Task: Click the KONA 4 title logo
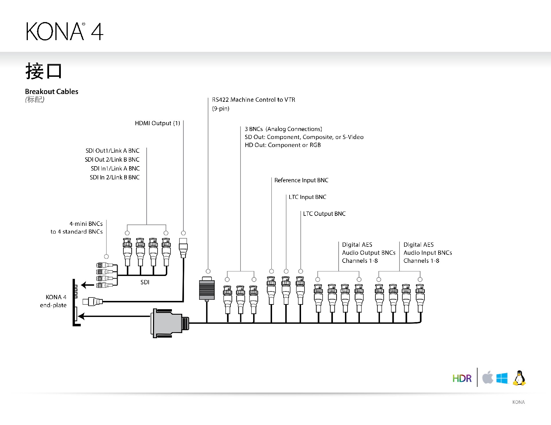[x=65, y=31]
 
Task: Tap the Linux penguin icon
[x=519, y=378]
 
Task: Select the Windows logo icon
[x=502, y=378]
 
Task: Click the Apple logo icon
[x=487, y=377]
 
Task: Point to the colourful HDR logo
[x=462, y=378]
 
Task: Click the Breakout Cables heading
[x=52, y=91]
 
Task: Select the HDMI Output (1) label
[x=157, y=123]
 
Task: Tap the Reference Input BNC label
[x=301, y=180]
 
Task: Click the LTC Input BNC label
[x=307, y=197]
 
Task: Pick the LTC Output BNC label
[x=324, y=214]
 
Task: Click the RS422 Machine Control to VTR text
[x=253, y=100]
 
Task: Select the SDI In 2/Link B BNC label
[x=115, y=177]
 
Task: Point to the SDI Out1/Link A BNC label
[x=112, y=151]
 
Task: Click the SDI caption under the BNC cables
[x=145, y=282]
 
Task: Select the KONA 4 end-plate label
[x=54, y=301]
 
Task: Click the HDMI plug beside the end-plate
[x=93, y=301]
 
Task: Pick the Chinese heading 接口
[x=44, y=71]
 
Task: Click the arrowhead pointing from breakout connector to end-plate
[x=82, y=316]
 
